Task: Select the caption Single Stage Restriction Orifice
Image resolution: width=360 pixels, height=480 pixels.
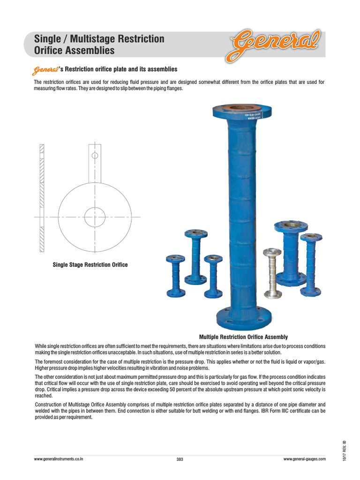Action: [x=90, y=265]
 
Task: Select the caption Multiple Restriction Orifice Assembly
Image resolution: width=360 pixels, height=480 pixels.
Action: [x=243, y=337]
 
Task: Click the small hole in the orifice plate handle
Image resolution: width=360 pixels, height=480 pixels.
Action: [x=95, y=155]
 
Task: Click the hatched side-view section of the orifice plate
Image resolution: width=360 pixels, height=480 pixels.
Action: [x=41, y=196]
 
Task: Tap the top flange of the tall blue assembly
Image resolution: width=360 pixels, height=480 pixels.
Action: [x=242, y=112]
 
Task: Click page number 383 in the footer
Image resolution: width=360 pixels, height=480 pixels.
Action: [x=180, y=459]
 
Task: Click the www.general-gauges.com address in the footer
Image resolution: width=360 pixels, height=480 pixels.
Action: [x=304, y=459]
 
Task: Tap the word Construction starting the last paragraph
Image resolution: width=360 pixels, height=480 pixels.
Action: [x=49, y=404]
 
